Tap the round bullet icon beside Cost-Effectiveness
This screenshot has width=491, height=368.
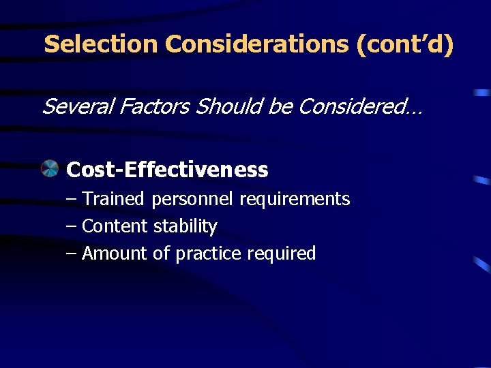[x=50, y=168]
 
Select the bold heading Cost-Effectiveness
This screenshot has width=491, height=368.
[x=167, y=170]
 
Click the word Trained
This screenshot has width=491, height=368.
[x=113, y=199]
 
